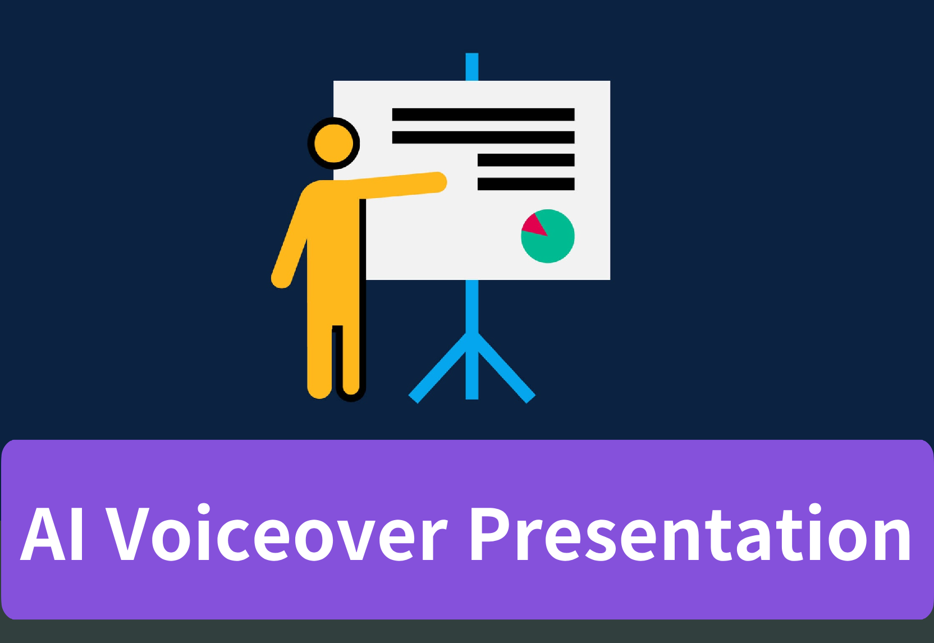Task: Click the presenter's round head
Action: (x=333, y=143)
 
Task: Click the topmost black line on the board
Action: (x=483, y=114)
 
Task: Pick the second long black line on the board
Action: (x=483, y=137)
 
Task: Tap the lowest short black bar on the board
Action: (x=526, y=184)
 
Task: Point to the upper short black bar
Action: (x=526, y=160)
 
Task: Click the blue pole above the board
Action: (x=472, y=67)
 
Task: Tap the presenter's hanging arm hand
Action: (x=281, y=279)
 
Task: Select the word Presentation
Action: (x=690, y=534)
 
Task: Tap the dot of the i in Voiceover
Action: (x=203, y=509)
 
